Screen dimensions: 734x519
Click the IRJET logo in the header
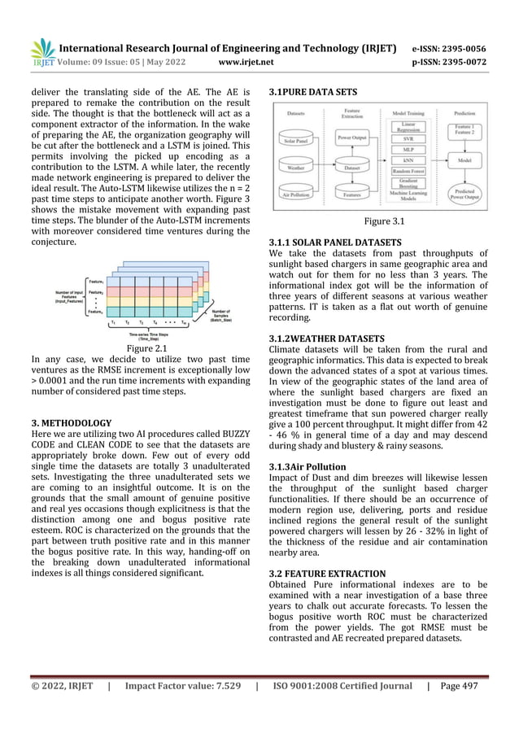(x=40, y=50)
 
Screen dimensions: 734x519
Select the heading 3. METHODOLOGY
(x=71, y=424)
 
